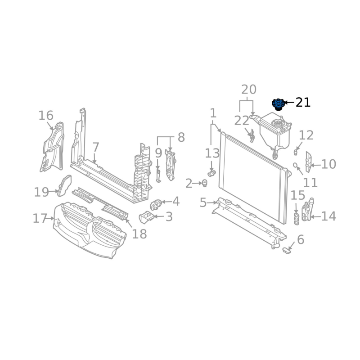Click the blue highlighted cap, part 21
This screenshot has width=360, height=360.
click(278, 104)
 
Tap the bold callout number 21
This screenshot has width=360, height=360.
click(303, 103)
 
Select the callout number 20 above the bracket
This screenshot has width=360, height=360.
click(249, 90)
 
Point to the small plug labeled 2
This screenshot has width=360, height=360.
click(204, 183)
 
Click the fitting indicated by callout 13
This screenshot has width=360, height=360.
click(211, 173)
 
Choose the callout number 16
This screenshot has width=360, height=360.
click(46, 116)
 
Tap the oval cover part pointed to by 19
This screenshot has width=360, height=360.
click(64, 185)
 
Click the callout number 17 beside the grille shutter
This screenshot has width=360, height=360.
click(40, 218)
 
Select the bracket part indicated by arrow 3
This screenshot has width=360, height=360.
click(146, 217)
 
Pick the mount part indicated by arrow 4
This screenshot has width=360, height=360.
click(156, 205)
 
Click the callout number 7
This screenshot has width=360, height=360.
click(96, 147)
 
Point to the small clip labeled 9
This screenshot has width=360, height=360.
click(158, 175)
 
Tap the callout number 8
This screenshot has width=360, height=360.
click(181, 138)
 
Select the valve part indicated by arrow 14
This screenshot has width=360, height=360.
click(307, 210)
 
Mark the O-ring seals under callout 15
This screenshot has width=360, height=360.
click(297, 219)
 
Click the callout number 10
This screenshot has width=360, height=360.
click(328, 164)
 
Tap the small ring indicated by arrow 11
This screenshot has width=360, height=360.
click(295, 165)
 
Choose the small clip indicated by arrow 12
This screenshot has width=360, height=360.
click(296, 152)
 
